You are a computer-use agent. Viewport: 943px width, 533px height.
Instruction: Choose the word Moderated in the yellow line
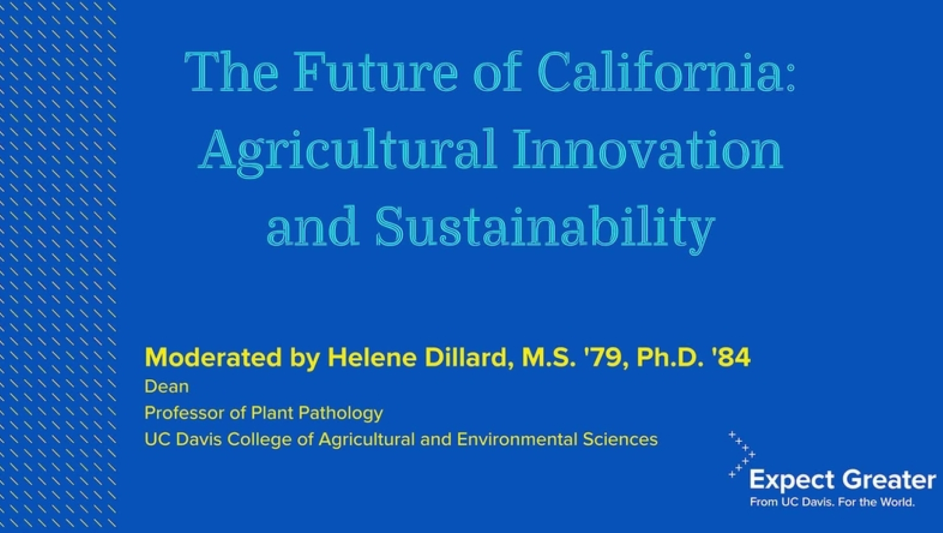pyautogui.click(x=213, y=357)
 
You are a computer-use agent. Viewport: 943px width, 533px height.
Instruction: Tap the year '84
pyautogui.click(x=731, y=357)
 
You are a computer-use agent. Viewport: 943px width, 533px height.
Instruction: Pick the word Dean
pyautogui.click(x=167, y=386)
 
